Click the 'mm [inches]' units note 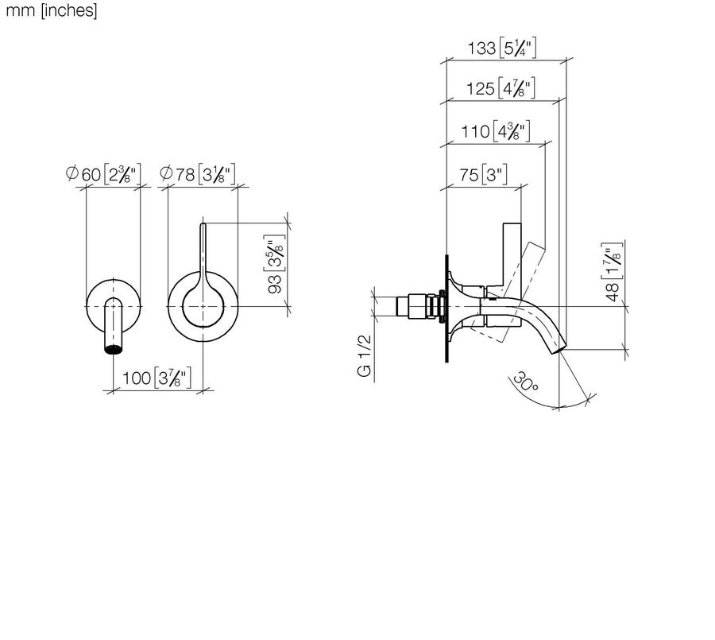[52, 10]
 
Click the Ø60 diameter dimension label [103, 174]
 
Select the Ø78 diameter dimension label [198, 174]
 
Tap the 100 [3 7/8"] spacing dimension [157, 378]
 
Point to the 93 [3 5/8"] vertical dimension [275, 264]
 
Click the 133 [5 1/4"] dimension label [502, 48]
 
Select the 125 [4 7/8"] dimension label [500, 88]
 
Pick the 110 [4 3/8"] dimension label [496, 132]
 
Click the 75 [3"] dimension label [483, 175]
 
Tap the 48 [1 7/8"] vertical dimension [613, 272]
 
